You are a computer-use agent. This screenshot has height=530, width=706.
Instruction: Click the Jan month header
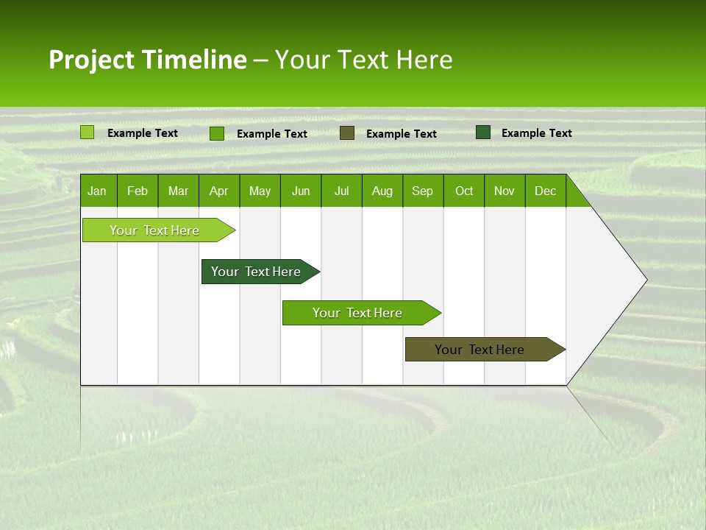pyautogui.click(x=97, y=191)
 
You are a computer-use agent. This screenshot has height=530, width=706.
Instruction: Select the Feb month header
pyautogui.click(x=138, y=191)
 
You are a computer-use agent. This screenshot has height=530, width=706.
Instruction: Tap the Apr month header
pyautogui.click(x=218, y=191)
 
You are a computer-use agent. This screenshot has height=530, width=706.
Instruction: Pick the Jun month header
pyautogui.click(x=301, y=191)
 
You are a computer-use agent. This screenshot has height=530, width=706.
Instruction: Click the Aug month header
pyautogui.click(x=382, y=191)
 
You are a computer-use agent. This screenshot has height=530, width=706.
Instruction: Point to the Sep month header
pyautogui.click(x=422, y=191)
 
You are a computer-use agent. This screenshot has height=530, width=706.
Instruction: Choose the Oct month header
pyautogui.click(x=464, y=191)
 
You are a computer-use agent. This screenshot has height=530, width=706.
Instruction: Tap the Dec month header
pyautogui.click(x=545, y=191)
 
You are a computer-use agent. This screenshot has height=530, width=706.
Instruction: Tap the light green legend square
pyautogui.click(x=88, y=132)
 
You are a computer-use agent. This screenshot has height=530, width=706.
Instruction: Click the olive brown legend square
pyautogui.click(x=347, y=132)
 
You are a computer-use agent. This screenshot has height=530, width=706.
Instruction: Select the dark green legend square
pyautogui.click(x=483, y=132)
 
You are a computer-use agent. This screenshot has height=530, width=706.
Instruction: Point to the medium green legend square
pyautogui.click(x=217, y=133)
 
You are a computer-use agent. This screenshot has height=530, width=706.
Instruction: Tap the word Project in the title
pyautogui.click(x=92, y=60)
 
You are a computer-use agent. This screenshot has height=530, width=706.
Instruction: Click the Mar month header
pyautogui.click(x=178, y=191)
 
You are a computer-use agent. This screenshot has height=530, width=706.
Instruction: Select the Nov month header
pyautogui.click(x=504, y=191)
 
